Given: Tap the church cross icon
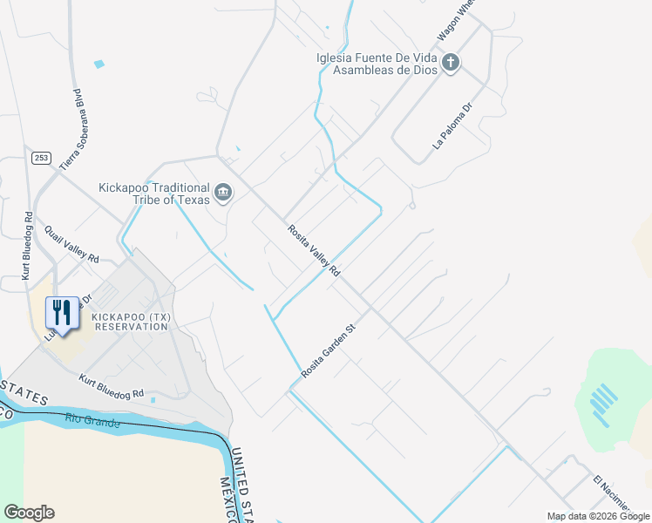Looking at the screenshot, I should pos(450,62).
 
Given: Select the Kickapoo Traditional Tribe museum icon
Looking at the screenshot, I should pos(223,192).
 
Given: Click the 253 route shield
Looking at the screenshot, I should pos(41,158).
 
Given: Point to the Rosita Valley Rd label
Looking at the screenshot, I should pos(314,250).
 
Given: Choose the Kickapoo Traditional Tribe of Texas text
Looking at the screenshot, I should pos(154,194).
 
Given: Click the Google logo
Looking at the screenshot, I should pos(29,513).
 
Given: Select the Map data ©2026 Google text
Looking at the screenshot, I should pos(598,516).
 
